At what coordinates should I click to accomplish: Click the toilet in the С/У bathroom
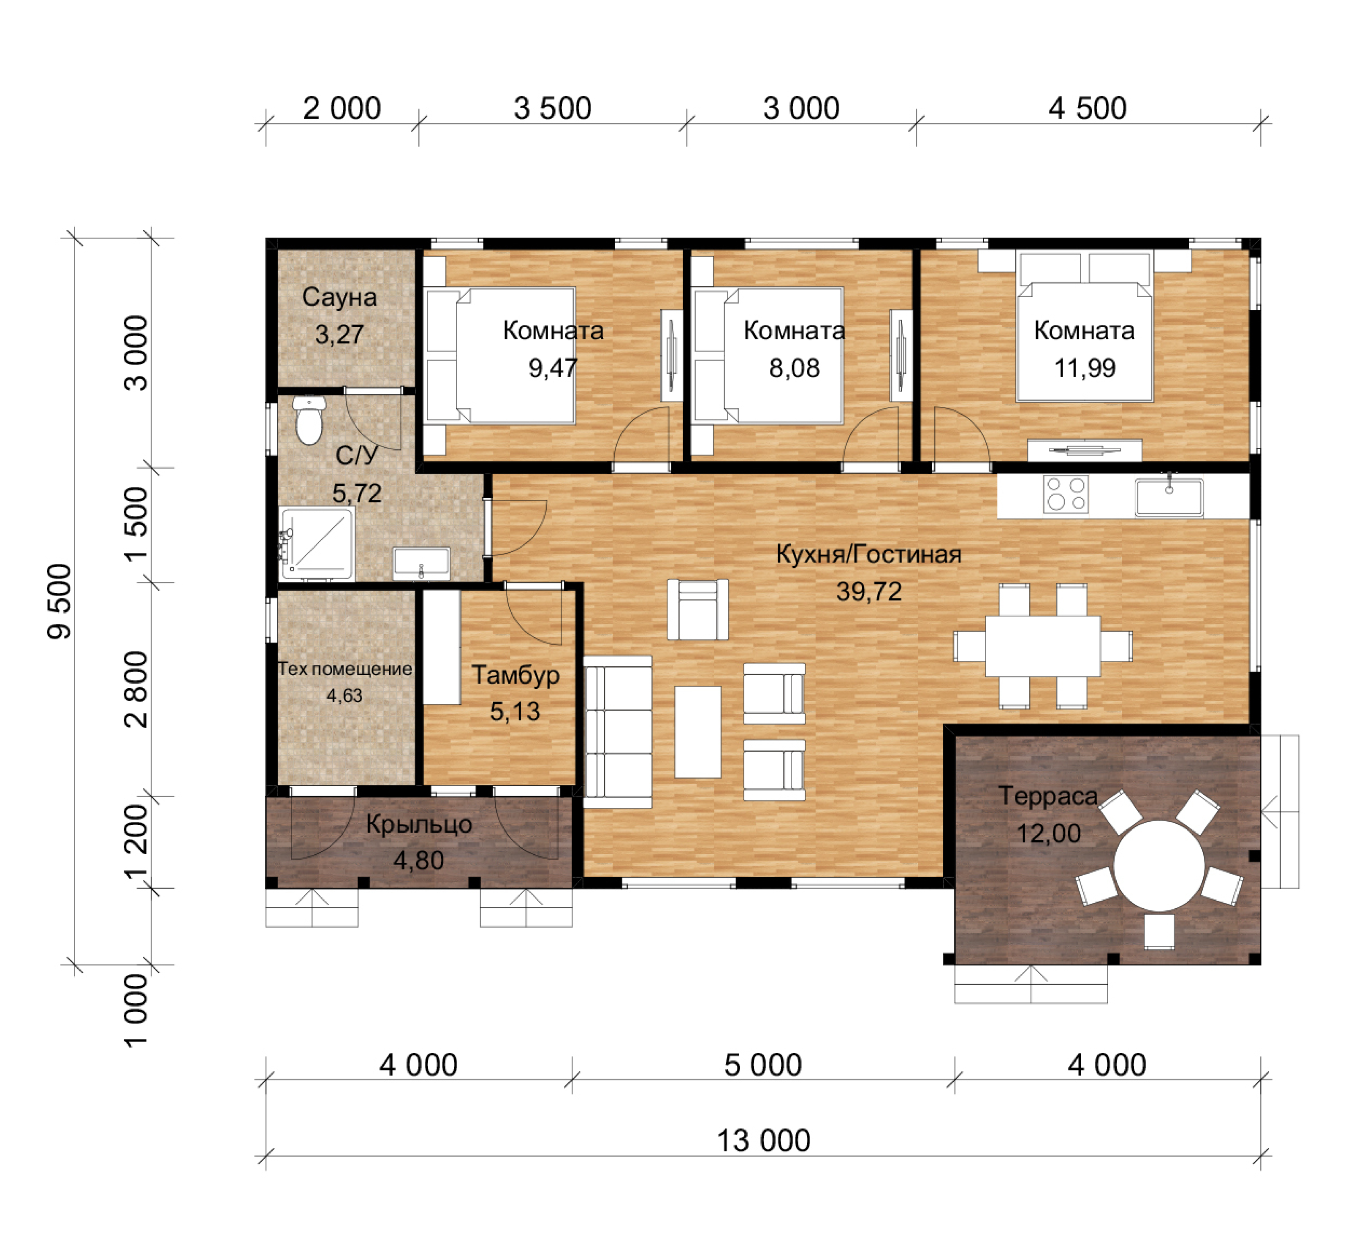pyautogui.click(x=309, y=420)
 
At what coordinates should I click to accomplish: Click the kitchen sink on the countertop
pyautogui.click(x=1169, y=497)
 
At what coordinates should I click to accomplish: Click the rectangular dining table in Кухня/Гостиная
pyautogui.click(x=1043, y=646)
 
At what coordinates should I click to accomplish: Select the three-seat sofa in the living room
pyautogui.click(x=617, y=732)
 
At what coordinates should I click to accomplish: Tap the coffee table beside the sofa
pyautogui.click(x=698, y=732)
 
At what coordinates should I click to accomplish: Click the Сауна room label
pyautogui.click(x=339, y=297)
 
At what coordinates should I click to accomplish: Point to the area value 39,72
pyautogui.click(x=869, y=591)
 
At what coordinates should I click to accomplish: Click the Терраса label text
pyautogui.click(x=1049, y=796)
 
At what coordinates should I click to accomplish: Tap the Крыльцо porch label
pyautogui.click(x=419, y=825)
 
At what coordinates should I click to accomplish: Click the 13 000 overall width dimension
pyautogui.click(x=763, y=1140)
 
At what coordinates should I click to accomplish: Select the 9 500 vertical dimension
pyautogui.click(x=59, y=601)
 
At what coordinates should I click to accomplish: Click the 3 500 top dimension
pyautogui.click(x=553, y=109)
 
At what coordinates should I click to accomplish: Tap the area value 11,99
pyautogui.click(x=1085, y=368)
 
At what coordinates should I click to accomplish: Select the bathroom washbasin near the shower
pyautogui.click(x=421, y=563)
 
